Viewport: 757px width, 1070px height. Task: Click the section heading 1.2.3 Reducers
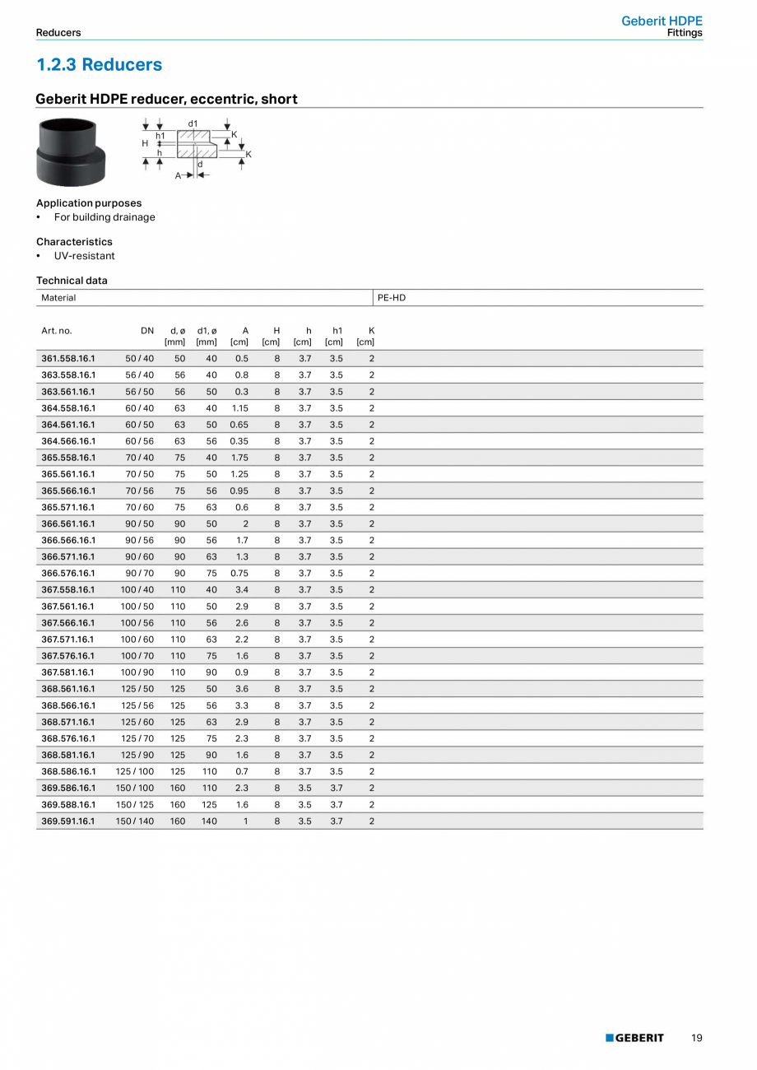pyautogui.click(x=100, y=65)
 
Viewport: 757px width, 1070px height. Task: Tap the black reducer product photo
pyautogui.click(x=71, y=153)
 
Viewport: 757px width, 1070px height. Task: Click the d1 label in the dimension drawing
pyautogui.click(x=193, y=123)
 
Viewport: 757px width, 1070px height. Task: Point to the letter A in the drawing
pyautogui.click(x=178, y=175)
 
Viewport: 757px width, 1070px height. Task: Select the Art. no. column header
pyautogui.click(x=57, y=331)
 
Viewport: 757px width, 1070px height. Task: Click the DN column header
pyautogui.click(x=147, y=331)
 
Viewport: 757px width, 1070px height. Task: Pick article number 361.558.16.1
pyautogui.click(x=68, y=359)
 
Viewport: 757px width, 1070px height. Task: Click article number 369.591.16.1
pyautogui.click(x=68, y=821)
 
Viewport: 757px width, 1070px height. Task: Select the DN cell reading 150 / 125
pyautogui.click(x=135, y=805)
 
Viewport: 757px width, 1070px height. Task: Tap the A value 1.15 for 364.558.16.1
pyautogui.click(x=239, y=408)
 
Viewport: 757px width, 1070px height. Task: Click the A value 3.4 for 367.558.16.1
pyautogui.click(x=242, y=590)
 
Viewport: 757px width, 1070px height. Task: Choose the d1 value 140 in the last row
pyautogui.click(x=209, y=821)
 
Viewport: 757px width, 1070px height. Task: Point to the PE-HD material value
pyautogui.click(x=392, y=298)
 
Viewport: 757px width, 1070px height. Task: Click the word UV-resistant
pyautogui.click(x=85, y=256)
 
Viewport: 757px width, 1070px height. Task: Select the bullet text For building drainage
pyautogui.click(x=104, y=217)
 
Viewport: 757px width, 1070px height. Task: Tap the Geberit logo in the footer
pyautogui.click(x=634, y=1038)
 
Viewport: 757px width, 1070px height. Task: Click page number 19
pyautogui.click(x=697, y=1038)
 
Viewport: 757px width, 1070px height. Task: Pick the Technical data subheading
pyautogui.click(x=72, y=281)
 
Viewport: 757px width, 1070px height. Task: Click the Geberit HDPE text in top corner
pyautogui.click(x=662, y=21)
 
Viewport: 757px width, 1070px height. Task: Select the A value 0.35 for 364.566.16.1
pyautogui.click(x=239, y=441)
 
